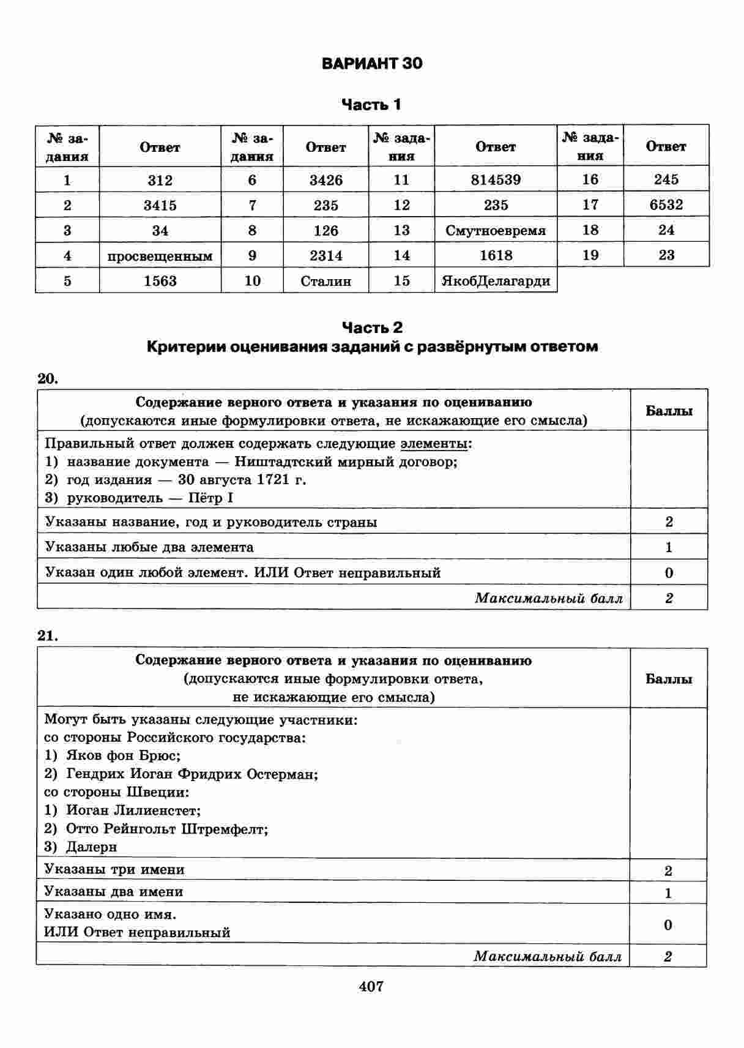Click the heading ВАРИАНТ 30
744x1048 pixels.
tap(371, 64)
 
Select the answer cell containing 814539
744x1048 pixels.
tap(496, 180)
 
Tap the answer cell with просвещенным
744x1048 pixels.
tap(160, 256)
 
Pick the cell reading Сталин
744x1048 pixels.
tap(325, 281)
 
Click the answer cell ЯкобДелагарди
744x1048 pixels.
tap(496, 281)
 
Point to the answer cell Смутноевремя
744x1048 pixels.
tap(496, 231)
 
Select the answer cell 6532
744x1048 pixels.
tap(666, 205)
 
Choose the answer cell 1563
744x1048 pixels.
tap(160, 281)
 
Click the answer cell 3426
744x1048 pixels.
tap(325, 180)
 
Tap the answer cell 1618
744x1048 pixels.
tap(496, 255)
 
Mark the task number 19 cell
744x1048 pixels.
tap(590, 255)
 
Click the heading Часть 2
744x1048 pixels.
tap(371, 327)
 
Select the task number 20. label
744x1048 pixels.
tap(48, 378)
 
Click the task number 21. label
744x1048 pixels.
tap(48, 636)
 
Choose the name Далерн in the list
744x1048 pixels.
tap(91, 847)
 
